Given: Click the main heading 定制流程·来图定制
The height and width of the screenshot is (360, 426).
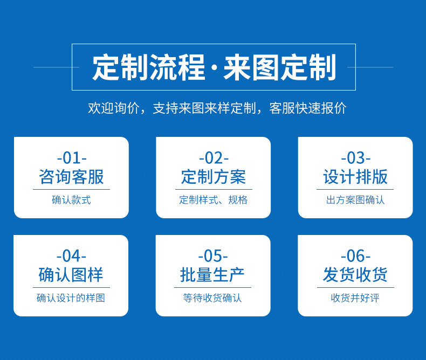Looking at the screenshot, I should point(214,67).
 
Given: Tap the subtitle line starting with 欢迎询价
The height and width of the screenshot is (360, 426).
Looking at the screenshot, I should point(217,108).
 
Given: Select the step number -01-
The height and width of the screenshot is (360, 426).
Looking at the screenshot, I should point(71,158).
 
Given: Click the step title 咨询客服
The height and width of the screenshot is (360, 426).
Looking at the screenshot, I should point(71,177).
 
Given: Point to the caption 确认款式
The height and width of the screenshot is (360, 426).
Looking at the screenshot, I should point(71,200).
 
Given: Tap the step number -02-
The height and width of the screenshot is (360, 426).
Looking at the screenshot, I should point(214,158).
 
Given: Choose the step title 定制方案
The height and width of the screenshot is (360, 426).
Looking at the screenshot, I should point(214,177).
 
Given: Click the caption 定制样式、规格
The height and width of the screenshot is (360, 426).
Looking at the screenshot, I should point(214,200).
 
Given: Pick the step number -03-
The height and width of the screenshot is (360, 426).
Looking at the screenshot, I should point(355,158).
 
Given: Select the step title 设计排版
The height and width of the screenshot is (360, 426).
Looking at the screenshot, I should point(355,177).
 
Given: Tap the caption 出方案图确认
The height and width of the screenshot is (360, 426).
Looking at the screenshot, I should point(355,200).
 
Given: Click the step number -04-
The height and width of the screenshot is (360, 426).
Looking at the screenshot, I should point(71,256).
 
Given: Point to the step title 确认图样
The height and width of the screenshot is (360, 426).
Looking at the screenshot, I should point(71,275).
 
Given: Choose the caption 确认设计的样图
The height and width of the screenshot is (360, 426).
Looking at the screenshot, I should point(71,297).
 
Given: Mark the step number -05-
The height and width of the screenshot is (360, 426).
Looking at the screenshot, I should point(213,256).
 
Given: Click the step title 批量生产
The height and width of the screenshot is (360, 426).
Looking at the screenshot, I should point(213,275).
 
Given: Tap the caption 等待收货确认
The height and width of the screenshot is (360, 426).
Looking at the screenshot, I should point(213,297).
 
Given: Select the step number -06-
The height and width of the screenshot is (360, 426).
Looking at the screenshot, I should point(355,256).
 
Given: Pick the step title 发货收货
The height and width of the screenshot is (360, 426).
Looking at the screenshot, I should point(355,275).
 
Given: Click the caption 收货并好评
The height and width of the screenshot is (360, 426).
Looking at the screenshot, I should point(355,297).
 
